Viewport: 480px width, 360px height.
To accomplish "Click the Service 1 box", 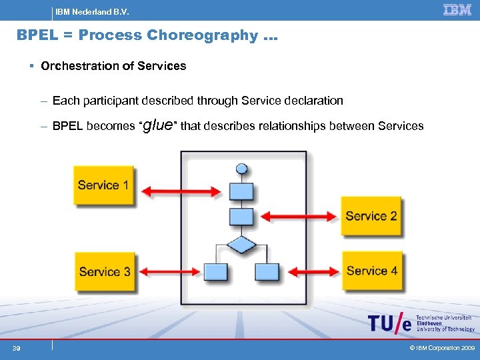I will click(x=103, y=185).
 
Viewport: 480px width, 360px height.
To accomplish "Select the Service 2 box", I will click(x=371, y=215).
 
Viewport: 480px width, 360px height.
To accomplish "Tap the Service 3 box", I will click(x=105, y=271).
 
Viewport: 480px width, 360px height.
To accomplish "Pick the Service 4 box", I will click(x=372, y=270).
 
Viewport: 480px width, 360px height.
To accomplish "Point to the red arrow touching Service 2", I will click(x=300, y=216).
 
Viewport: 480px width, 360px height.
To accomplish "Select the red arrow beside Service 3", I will click(x=169, y=272).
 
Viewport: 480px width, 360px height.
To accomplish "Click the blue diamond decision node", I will click(x=241, y=245).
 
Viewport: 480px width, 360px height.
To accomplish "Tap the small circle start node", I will click(x=242, y=169).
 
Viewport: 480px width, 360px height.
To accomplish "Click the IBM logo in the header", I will click(x=457, y=10).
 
